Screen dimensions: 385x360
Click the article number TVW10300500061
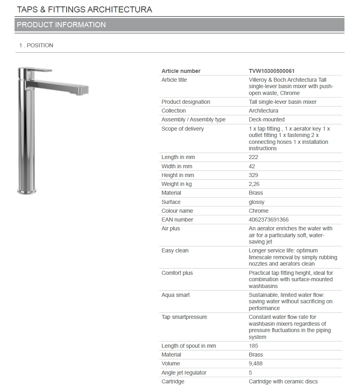pos(271,71)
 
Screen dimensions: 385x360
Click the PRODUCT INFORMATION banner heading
pos(61,25)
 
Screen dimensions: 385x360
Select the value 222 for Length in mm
pos(253,157)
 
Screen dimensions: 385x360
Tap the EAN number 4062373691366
pos(269,220)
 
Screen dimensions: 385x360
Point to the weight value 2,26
pos(255,184)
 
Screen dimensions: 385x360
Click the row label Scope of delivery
pos(182,129)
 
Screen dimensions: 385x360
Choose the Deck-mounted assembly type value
pos(267,119)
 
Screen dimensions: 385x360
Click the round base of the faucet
pos(26,191)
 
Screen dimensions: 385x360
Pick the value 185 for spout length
pos(253,346)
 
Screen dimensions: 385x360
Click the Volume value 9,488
pos(255,363)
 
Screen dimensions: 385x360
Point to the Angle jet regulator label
pos(184,373)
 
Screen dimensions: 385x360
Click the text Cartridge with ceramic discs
pos(283,381)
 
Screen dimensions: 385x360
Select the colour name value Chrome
pos(259,211)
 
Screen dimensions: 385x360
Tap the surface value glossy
pos(257,202)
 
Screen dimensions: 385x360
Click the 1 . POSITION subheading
pos(36,45)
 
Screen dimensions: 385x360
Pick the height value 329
pos(253,175)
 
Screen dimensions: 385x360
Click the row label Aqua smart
pos(176,295)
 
